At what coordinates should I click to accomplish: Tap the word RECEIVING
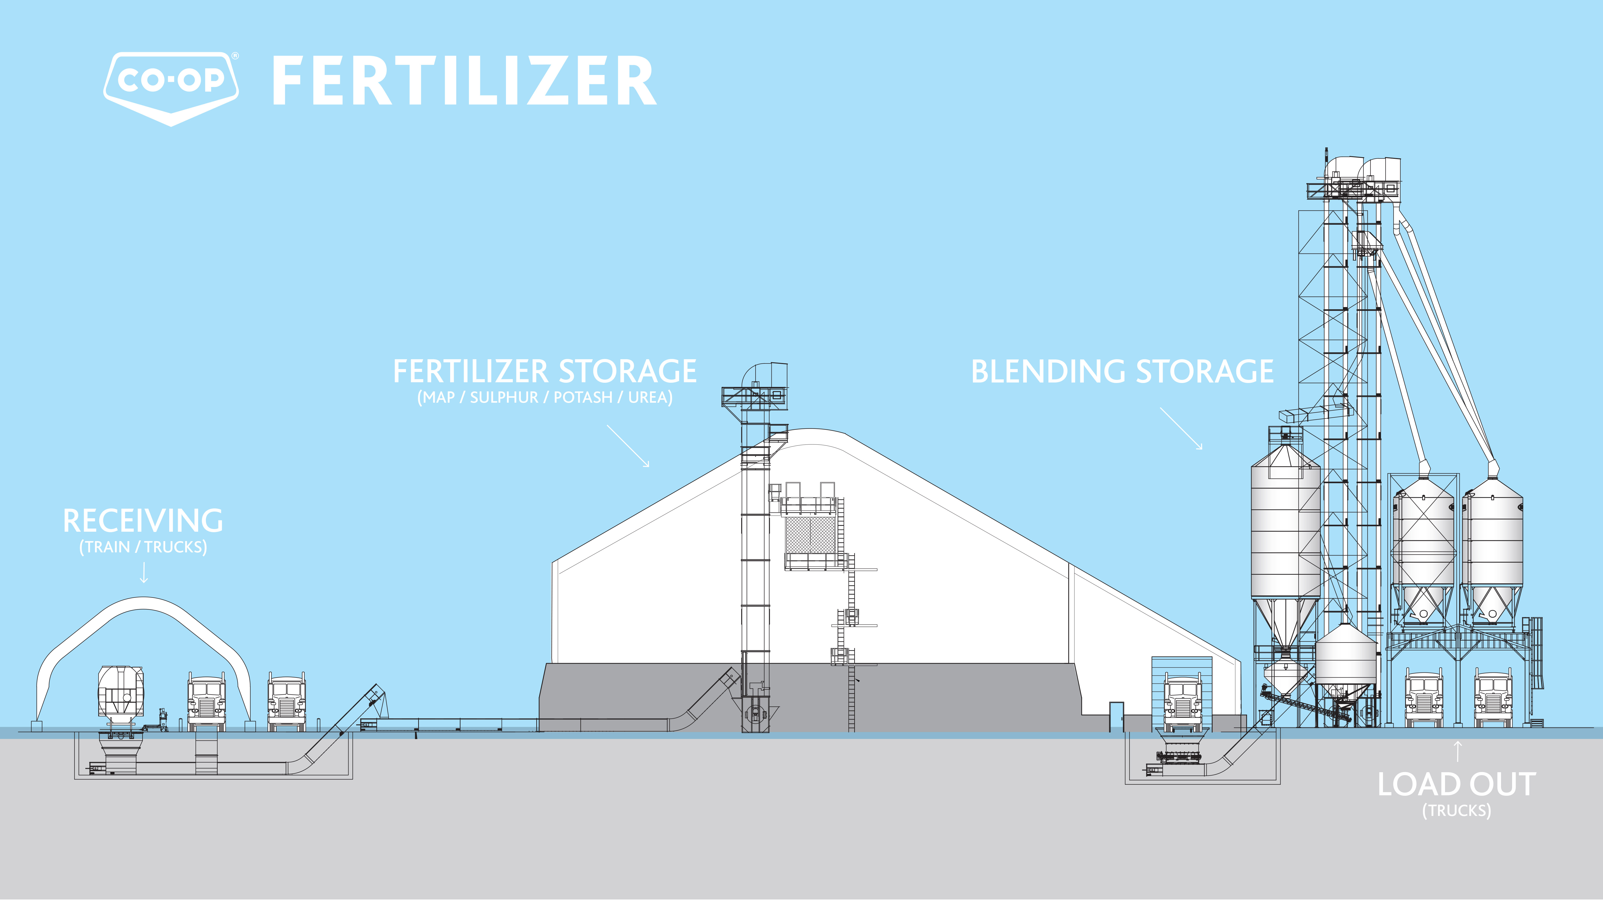143,521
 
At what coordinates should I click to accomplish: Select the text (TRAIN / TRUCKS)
143,547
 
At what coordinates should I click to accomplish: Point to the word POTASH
583,397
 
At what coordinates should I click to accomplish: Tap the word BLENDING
1048,372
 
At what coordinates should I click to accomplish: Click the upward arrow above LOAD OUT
1457,751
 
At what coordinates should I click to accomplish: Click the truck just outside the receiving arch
286,703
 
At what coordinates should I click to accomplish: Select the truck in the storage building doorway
1182,703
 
